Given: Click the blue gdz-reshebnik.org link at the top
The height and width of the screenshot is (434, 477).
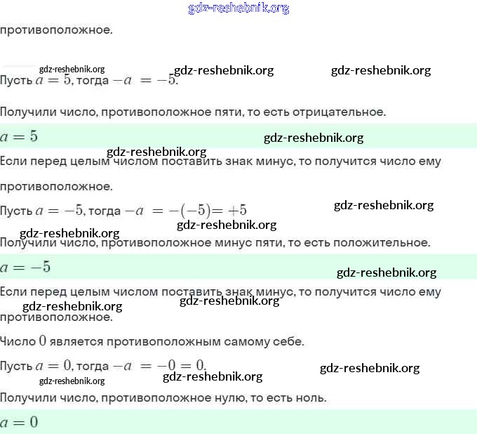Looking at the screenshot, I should click(x=238, y=8).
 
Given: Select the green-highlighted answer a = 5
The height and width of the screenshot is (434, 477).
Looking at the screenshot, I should click(x=19, y=136).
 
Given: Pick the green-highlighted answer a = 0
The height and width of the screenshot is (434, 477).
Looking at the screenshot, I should click(x=19, y=422).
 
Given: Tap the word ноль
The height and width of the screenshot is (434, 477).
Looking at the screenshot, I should click(x=312, y=398).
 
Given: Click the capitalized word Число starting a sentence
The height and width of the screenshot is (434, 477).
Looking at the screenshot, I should click(x=18, y=342).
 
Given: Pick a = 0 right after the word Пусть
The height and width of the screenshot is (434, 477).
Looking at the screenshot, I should click(x=54, y=365).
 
